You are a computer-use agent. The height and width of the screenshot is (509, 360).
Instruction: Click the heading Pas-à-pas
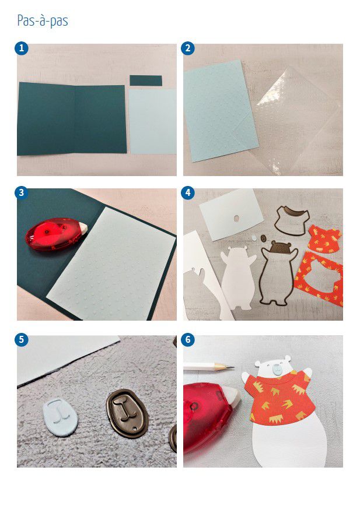[x=43, y=21]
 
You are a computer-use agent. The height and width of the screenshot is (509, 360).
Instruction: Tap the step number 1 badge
[x=22, y=48]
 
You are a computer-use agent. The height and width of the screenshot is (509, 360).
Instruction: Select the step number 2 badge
[x=188, y=48]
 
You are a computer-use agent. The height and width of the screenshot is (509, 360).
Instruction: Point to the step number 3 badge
[x=22, y=193]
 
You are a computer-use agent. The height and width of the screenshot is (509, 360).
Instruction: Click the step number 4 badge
[x=188, y=193]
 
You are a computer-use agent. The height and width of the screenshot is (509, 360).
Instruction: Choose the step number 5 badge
[x=22, y=340]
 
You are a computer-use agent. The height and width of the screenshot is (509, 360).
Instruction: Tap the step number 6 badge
[x=188, y=340]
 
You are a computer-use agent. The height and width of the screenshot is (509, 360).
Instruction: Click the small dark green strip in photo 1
[x=146, y=80]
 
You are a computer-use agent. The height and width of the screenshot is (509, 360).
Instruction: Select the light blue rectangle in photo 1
[x=153, y=121]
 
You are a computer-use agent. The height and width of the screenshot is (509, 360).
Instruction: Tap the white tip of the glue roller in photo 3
[x=82, y=227]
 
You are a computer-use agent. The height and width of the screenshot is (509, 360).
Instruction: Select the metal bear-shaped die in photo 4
[x=278, y=273]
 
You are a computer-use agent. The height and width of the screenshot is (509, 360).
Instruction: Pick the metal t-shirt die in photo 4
[x=292, y=220]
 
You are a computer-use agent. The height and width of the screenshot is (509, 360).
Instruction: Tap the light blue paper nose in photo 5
[x=61, y=417]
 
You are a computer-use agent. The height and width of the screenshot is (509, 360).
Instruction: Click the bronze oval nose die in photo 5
[x=127, y=413]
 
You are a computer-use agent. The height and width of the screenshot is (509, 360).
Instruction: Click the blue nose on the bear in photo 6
[x=277, y=368]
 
